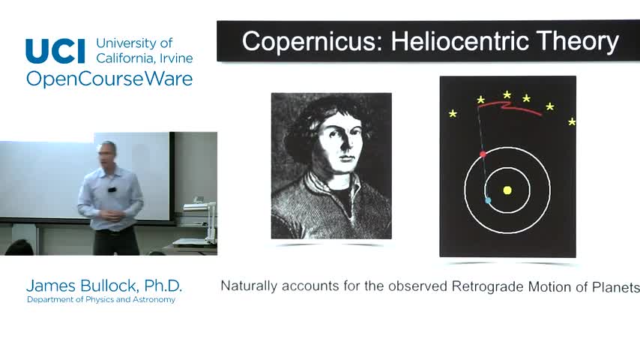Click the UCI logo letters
(x=55, y=51)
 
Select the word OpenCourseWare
(x=109, y=79)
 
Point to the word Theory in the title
(x=578, y=42)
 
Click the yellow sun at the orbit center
(x=507, y=190)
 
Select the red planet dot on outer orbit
(x=483, y=154)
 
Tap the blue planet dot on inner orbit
(x=488, y=200)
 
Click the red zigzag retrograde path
(x=508, y=106)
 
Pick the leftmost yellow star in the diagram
(x=453, y=113)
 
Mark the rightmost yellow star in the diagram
(x=572, y=121)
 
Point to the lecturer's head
(x=107, y=153)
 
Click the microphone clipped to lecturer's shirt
(x=112, y=190)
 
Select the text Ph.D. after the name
(x=163, y=286)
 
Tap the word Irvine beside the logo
(x=176, y=58)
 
